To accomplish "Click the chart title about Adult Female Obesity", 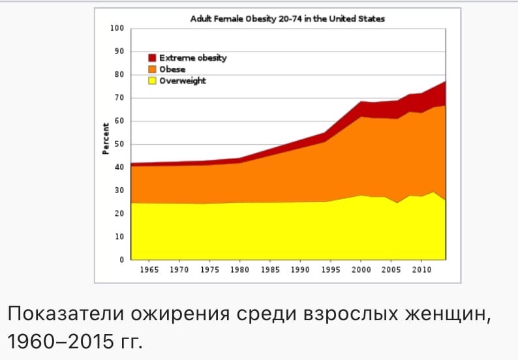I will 287,19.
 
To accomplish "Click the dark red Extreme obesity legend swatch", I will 152,58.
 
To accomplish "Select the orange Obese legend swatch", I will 152,69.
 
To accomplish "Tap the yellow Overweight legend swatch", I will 152,81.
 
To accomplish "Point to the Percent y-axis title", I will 105,138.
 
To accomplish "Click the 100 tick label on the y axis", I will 117,29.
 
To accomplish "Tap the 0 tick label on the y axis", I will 121,260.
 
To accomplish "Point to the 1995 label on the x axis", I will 331,270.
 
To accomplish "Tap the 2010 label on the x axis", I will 421,270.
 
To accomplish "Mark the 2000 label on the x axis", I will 361,270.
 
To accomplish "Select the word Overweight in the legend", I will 183,81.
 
